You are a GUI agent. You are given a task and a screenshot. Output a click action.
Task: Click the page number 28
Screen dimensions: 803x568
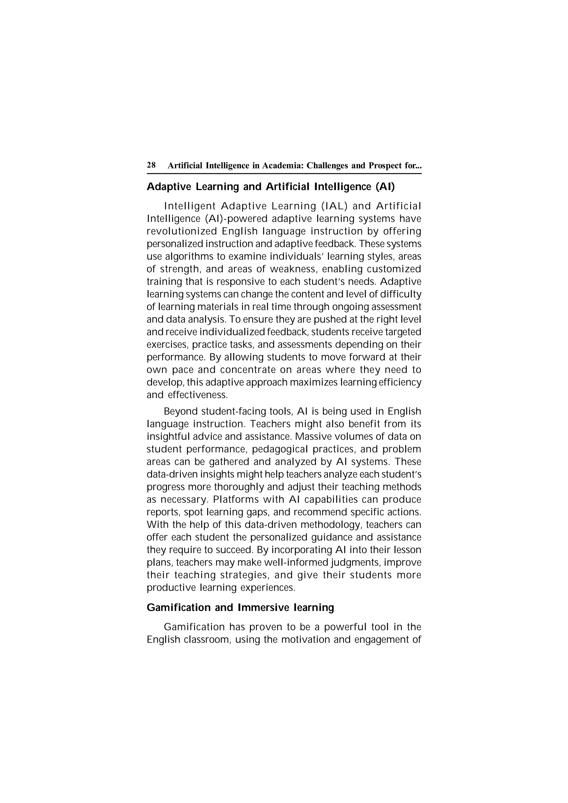tap(151, 165)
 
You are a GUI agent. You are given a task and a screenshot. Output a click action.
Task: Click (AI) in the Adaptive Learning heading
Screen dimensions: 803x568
tap(385, 187)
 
